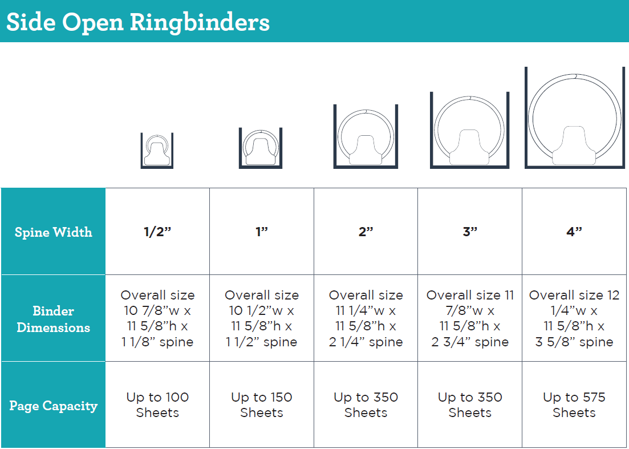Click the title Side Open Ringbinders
coord(137,22)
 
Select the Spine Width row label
coord(53,232)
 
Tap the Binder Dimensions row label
coord(53,319)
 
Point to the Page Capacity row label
coord(53,406)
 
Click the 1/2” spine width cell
coord(157,232)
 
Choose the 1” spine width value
coord(262,232)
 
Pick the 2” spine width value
coord(366,232)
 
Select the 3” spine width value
coord(470,232)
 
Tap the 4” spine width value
coord(574,232)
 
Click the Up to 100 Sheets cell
coord(157,405)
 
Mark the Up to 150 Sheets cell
coord(262,405)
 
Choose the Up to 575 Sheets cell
coord(574,405)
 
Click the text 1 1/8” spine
coord(157,342)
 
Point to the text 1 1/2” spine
coord(262,342)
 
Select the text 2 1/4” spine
coord(366,342)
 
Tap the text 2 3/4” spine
coord(470,342)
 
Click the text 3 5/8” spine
coord(574,342)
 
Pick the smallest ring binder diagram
coord(157,151)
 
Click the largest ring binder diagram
coord(574,119)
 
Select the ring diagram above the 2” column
coord(366,137)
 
